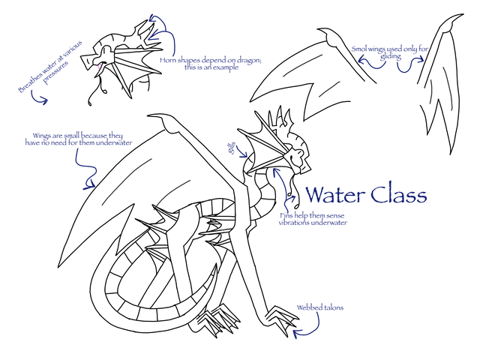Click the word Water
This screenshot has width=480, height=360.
pos(333,196)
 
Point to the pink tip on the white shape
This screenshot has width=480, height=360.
pos(97,68)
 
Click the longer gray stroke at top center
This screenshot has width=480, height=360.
pos(302,65)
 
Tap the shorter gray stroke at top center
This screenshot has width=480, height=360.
pos(329,89)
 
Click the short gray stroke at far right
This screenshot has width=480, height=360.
pos(431,91)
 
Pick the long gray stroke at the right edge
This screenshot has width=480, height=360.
pos(448,88)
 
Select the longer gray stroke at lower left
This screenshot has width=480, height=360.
pos(126,182)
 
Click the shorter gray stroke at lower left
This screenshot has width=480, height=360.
pos(173,192)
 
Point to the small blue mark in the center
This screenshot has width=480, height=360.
pos(235,148)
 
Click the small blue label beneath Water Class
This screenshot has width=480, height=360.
pos(311,220)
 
